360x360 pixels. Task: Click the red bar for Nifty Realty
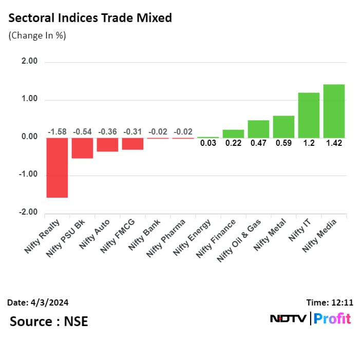click(57, 167)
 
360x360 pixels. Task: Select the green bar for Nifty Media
click(334, 111)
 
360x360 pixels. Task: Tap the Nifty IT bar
click(309, 115)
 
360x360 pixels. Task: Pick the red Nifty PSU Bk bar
click(82, 148)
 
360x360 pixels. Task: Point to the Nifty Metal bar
click(283, 127)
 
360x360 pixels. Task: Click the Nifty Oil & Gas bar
click(258, 129)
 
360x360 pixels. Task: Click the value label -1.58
click(57, 131)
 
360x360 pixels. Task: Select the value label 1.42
click(334, 143)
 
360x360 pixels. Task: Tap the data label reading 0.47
click(258, 143)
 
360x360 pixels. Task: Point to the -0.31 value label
click(132, 131)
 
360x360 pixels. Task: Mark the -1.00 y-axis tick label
click(29, 175)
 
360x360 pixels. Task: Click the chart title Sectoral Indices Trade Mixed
click(89, 18)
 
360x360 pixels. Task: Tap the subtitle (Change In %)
click(37, 36)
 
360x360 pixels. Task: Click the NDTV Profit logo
click(310, 319)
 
